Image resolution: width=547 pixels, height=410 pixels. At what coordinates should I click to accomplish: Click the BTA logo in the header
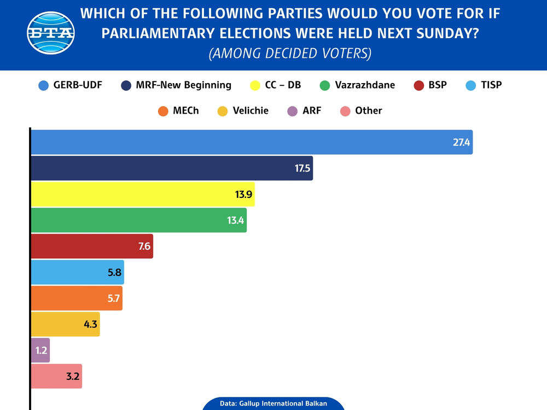click(x=50, y=33)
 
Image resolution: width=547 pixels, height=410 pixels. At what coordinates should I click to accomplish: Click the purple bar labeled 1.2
click(x=40, y=350)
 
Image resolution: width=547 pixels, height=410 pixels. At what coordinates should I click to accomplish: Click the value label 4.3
click(x=90, y=324)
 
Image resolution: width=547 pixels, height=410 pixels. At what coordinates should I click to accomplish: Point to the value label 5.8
click(x=114, y=272)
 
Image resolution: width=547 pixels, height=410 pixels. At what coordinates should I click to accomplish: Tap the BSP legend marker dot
click(x=420, y=85)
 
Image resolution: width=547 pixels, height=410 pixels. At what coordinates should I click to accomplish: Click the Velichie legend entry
click(x=243, y=110)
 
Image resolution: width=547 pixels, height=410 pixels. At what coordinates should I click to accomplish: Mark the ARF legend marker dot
click(x=292, y=111)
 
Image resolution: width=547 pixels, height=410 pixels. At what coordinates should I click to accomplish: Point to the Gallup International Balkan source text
click(x=273, y=403)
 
